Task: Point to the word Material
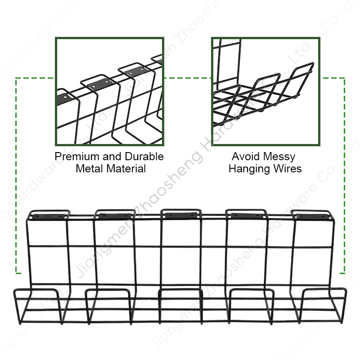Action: [x=126, y=169]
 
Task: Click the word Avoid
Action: [x=245, y=157]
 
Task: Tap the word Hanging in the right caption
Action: [x=249, y=169]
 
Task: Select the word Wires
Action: [x=287, y=169]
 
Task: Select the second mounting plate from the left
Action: [x=115, y=216]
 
